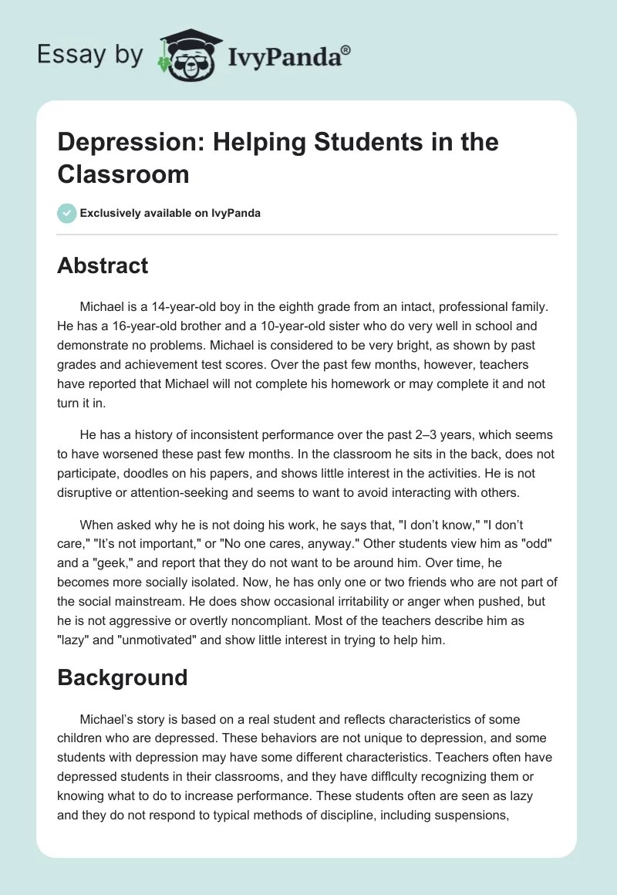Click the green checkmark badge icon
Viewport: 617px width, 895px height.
(67, 213)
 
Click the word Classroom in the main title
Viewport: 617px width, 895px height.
(123, 174)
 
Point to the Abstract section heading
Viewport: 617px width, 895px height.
(103, 265)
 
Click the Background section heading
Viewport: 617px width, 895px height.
(123, 677)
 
